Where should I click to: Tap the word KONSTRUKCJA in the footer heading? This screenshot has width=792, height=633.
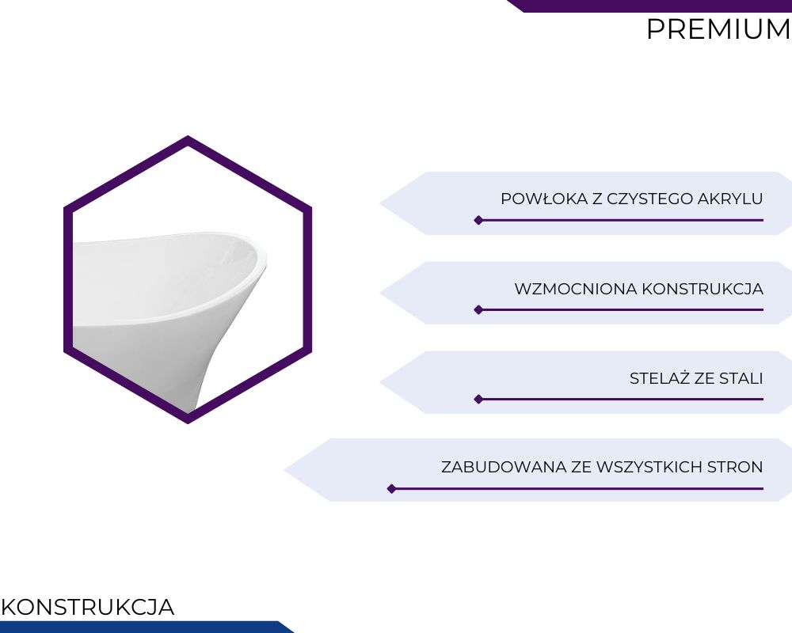point(87,607)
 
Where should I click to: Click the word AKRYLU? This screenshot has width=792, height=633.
point(730,199)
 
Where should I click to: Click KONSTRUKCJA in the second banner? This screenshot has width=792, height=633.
point(703,289)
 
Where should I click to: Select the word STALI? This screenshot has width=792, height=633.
point(741,378)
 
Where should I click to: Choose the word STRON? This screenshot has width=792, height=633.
point(735,467)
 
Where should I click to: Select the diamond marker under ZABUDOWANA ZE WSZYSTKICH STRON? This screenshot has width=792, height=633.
point(391,489)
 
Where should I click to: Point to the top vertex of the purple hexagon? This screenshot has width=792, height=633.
point(188,136)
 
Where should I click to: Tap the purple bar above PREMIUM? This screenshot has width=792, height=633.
point(649,6)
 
